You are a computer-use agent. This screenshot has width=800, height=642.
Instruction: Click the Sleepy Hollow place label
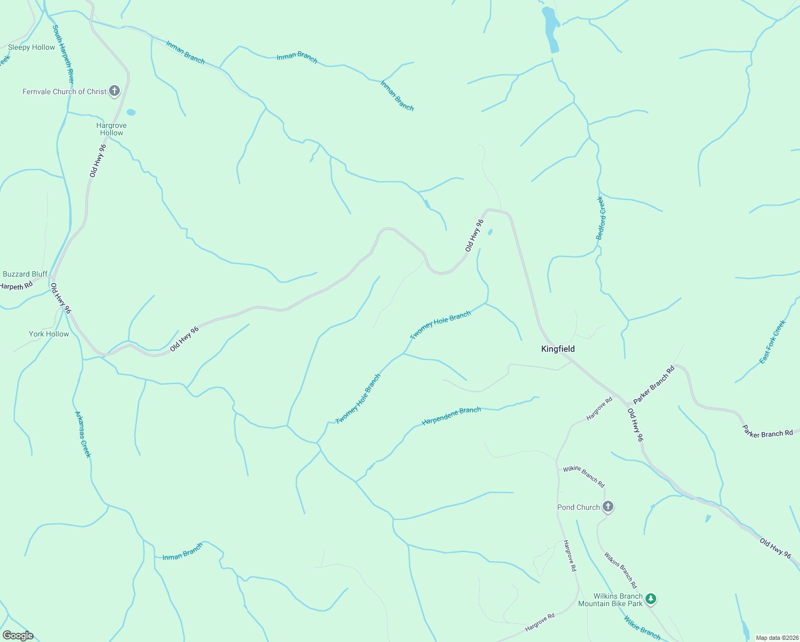point(32,47)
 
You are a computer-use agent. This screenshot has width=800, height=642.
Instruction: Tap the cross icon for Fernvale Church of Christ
point(114,91)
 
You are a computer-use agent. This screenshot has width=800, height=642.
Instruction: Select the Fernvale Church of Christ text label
point(64,91)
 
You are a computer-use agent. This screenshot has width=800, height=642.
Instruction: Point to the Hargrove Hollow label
point(111,129)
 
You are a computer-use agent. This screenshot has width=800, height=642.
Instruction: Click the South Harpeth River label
point(63,54)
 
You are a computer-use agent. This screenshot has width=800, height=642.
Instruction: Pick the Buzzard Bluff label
point(25,274)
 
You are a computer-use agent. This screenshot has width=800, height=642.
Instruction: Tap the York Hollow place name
point(49,334)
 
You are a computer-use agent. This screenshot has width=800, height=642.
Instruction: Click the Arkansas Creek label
point(83,434)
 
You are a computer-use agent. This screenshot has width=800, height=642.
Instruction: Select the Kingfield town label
point(558,349)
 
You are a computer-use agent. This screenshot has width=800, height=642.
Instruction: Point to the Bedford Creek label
point(601,218)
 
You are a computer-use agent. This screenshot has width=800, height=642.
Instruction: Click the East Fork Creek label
point(773,342)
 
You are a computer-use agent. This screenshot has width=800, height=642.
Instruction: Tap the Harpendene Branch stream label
point(451,416)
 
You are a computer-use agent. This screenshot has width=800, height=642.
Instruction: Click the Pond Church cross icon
point(607,506)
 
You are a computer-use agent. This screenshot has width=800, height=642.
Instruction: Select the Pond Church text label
point(579,507)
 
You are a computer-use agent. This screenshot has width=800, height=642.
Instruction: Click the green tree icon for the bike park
point(650,599)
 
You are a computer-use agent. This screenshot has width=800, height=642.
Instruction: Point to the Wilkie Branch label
point(642,628)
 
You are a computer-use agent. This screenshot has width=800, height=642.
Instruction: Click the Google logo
point(18,636)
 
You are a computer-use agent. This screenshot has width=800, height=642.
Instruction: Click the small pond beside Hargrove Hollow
point(131,112)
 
